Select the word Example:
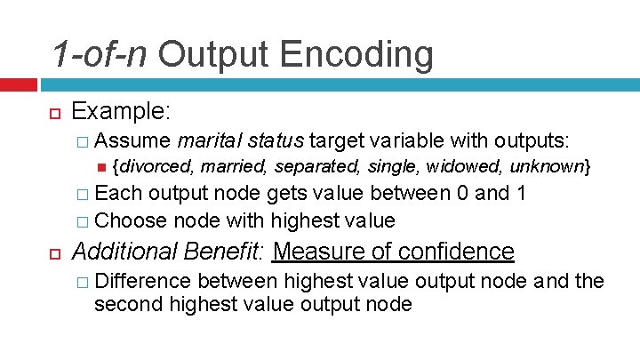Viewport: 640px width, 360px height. point(121,111)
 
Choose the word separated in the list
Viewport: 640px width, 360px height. point(315,166)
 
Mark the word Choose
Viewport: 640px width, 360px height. point(131,220)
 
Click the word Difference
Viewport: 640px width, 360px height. point(142,281)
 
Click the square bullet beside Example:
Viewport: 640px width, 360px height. point(52,113)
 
